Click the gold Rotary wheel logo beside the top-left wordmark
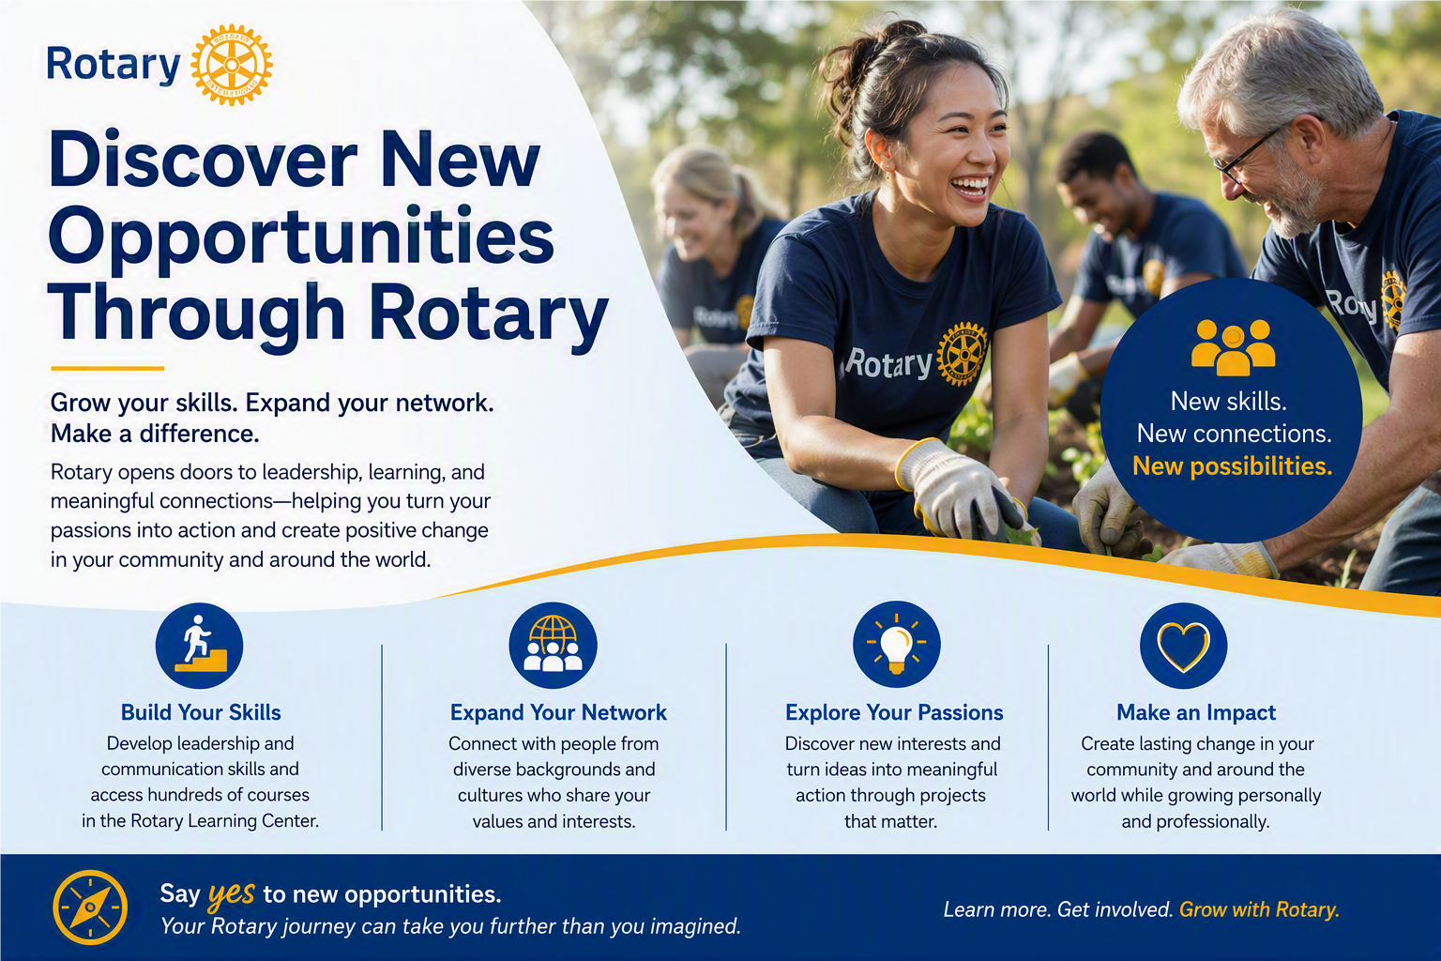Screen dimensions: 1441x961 point(232,65)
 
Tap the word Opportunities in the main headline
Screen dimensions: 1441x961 point(302,236)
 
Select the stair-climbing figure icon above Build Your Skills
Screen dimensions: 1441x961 point(200,646)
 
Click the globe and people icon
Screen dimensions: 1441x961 point(553,646)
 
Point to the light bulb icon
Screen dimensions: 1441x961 point(897,645)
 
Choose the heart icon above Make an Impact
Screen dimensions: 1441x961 point(1184,647)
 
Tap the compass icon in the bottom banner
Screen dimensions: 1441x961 point(90,908)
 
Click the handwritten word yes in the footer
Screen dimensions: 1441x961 point(232,893)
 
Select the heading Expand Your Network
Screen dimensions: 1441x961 point(558,712)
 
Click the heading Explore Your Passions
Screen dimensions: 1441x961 point(894,712)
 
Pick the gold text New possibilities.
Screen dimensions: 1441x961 point(1232,466)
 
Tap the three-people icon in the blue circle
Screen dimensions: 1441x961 point(1234,347)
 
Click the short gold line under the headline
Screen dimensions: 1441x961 point(108,368)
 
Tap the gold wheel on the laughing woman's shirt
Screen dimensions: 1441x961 point(962,354)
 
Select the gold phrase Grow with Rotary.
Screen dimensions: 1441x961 point(1259,909)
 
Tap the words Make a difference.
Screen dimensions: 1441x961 point(155,434)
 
